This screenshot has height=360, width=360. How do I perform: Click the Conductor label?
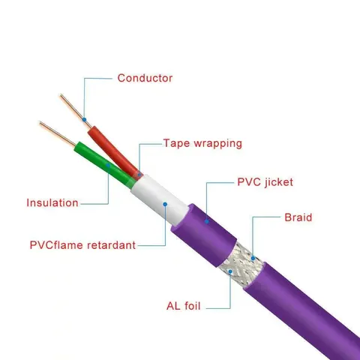145,78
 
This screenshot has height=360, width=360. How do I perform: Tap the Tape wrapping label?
202,144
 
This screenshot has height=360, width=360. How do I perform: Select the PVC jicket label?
265,182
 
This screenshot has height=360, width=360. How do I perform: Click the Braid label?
298,217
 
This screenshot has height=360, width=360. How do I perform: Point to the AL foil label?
184,306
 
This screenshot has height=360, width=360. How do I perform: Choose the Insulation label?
52,202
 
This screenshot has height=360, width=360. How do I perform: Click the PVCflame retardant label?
82,245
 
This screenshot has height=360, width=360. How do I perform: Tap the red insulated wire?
115,152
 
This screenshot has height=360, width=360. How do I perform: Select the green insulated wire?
104,164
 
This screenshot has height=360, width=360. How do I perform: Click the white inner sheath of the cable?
159,200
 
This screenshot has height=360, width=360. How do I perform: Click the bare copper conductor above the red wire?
76,111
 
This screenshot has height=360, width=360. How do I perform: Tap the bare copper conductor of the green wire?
57,133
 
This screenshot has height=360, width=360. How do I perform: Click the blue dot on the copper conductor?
85,120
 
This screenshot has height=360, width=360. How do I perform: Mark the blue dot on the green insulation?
108,165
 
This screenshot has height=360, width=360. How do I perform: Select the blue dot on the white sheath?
165,204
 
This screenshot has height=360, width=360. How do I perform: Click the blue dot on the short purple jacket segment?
207,221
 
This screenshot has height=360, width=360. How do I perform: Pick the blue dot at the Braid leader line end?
253,258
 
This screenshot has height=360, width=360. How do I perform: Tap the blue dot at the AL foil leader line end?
230,271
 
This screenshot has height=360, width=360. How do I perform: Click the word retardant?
111,245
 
